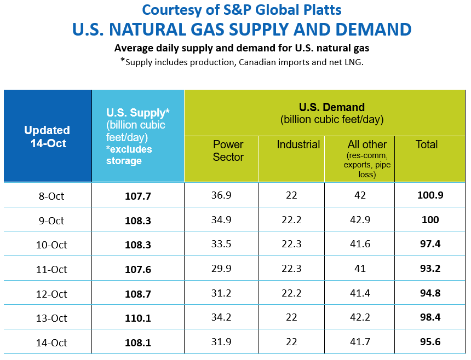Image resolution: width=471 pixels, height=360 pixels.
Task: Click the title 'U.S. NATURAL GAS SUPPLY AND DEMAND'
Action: click(x=242, y=30)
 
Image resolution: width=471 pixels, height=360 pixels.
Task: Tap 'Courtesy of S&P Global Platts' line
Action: click(x=242, y=9)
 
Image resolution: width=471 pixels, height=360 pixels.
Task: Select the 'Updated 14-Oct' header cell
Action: click(x=47, y=136)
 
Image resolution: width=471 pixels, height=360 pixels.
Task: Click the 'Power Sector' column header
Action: click(x=228, y=150)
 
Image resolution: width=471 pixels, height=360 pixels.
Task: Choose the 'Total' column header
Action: click(x=427, y=144)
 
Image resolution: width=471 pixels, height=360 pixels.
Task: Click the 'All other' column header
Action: click(x=367, y=144)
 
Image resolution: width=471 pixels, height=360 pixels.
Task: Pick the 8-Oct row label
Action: click(x=50, y=196)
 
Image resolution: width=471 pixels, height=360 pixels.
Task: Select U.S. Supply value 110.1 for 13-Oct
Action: click(x=138, y=318)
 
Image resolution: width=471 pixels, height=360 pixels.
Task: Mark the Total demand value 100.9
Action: click(x=430, y=195)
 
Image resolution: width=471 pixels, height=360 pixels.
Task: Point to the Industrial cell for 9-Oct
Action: click(x=291, y=220)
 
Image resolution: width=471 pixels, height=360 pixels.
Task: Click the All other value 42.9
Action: click(x=360, y=220)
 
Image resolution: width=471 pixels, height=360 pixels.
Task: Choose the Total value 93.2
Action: click(x=430, y=269)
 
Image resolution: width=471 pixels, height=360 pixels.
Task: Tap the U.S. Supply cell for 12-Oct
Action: click(x=138, y=294)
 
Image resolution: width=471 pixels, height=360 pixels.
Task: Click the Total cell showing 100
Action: click(x=430, y=220)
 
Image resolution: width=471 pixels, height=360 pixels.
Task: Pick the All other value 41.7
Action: click(x=360, y=342)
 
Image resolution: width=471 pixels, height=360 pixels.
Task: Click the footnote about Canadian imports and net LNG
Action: click(x=242, y=61)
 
